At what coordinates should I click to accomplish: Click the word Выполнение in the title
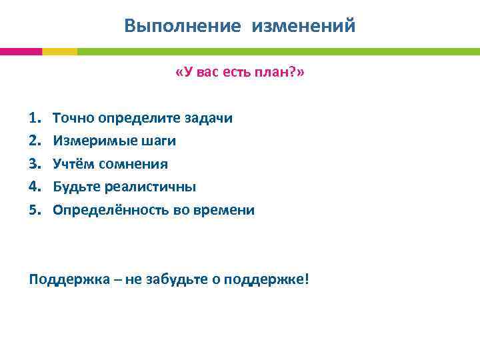click(182, 26)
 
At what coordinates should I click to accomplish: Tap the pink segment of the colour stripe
click(21, 51)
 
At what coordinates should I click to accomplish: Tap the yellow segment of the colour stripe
click(59, 51)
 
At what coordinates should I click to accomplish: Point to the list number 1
click(34, 118)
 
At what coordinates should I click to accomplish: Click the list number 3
click(34, 164)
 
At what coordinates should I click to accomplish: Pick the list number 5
click(34, 210)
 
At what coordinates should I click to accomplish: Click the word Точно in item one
click(74, 118)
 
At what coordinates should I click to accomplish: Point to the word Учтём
click(72, 164)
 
